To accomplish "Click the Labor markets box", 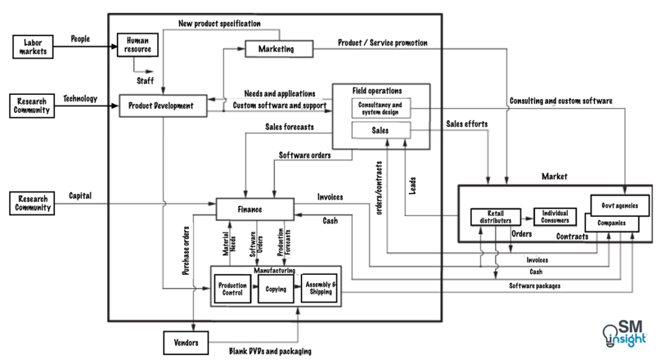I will (x=32, y=46).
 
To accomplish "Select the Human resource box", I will (x=137, y=45).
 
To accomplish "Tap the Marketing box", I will (x=276, y=48).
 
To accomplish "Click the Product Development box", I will (x=165, y=106).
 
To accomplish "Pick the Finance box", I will (x=255, y=209).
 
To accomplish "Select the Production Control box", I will (x=232, y=289).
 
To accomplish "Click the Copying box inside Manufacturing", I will (x=276, y=289).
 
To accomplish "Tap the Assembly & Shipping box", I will (x=320, y=288).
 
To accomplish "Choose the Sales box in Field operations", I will (x=380, y=130).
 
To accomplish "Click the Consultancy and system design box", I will (x=380, y=108).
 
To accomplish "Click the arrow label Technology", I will (x=80, y=99).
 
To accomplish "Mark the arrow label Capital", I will (x=80, y=195).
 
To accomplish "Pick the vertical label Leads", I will (x=412, y=187).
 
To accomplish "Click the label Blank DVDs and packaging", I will (x=270, y=351).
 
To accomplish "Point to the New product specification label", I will (x=219, y=24).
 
